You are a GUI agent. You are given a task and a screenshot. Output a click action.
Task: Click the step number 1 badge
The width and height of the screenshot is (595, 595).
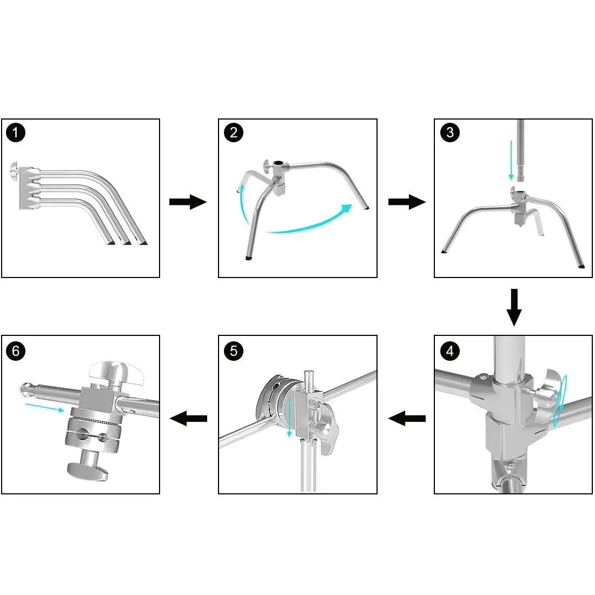tap(16, 133)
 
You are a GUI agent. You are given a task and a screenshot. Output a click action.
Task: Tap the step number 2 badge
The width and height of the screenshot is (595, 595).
tap(233, 133)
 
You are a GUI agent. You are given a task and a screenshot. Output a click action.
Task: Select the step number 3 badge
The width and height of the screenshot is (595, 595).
tap(449, 133)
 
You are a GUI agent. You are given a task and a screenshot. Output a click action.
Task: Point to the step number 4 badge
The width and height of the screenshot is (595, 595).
tap(449, 351)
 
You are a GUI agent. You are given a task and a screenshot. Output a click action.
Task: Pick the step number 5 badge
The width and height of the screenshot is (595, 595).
tap(233, 351)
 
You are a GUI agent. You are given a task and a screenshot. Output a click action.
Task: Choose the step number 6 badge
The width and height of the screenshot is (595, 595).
tap(16, 351)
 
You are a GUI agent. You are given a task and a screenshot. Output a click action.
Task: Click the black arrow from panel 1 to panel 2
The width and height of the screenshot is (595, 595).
tap(188, 202)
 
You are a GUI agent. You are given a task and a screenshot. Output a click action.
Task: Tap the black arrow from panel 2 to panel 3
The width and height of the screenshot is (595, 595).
tap(407, 202)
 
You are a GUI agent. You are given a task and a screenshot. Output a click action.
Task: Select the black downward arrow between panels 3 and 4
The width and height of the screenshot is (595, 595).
tap(514, 307)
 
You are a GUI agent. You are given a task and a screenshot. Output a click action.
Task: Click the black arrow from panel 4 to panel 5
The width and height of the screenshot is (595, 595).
tap(407, 419)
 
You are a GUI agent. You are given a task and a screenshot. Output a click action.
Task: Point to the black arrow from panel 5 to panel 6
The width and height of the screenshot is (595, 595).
tap(188, 419)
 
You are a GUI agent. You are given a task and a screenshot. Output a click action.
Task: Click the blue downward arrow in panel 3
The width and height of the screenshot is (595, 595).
tap(511, 160)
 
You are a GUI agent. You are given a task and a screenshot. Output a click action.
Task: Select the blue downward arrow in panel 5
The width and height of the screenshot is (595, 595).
tap(289, 418)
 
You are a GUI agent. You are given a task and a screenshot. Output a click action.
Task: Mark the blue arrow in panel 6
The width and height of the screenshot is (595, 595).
tap(45, 407)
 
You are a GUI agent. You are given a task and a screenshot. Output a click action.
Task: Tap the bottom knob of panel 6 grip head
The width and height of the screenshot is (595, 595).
tap(88, 470)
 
